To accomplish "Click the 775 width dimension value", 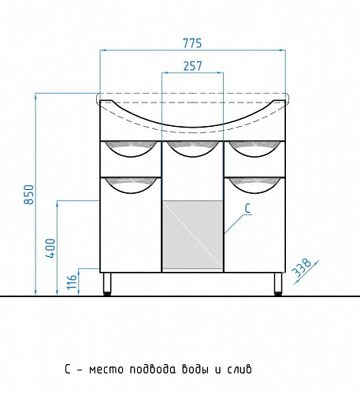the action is point(192,43).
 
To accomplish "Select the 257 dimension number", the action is point(192,66).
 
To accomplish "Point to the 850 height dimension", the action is point(29,195).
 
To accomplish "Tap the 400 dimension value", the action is point(50,248).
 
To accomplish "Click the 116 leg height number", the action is point(72,282).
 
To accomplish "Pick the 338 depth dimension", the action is point(302,268).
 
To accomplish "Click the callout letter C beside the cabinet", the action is point(247,208).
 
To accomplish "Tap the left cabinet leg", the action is point(107,284).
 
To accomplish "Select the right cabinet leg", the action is point(278,284).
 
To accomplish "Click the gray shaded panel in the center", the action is point(192,235).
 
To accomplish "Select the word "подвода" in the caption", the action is point(153,370).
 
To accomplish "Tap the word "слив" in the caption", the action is point(239,370).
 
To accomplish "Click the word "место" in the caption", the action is point(106,370).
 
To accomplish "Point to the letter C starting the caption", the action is point(68,369).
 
